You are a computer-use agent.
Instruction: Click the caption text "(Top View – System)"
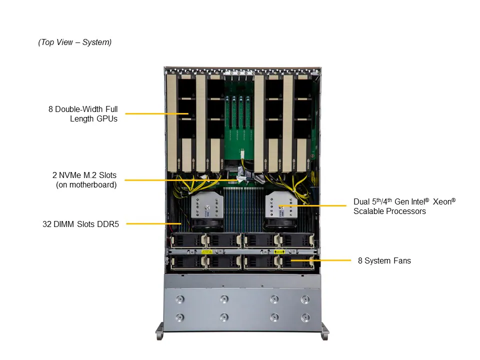tap(75, 42)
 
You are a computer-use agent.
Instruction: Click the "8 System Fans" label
tap(384, 260)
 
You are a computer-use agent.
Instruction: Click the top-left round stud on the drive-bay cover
tap(180, 299)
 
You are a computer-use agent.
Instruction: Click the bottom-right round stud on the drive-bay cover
tap(305, 317)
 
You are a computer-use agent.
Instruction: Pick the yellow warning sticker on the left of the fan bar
tap(204, 251)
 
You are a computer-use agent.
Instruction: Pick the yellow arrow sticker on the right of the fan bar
tap(279, 251)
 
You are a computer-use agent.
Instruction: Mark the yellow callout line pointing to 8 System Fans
tap(320, 260)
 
